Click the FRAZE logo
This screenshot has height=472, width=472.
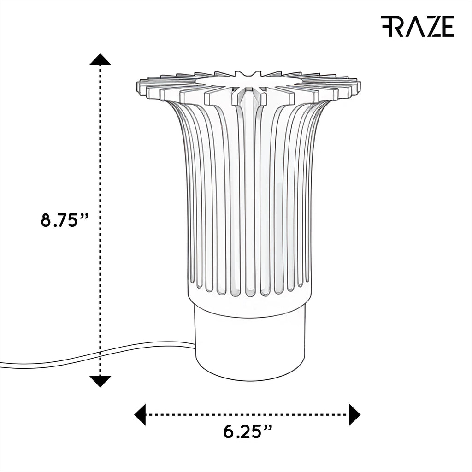coord(417,26)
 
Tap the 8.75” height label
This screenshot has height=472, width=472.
coord(65,220)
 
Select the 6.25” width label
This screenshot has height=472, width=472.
coord(248,432)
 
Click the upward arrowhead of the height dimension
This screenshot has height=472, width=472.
coord(100,59)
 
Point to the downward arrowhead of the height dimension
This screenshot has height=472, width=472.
coord(100,381)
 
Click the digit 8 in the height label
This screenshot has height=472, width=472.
coord(47,220)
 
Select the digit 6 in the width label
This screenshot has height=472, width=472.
coord(229,432)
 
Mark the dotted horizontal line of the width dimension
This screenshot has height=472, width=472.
coord(248,414)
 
